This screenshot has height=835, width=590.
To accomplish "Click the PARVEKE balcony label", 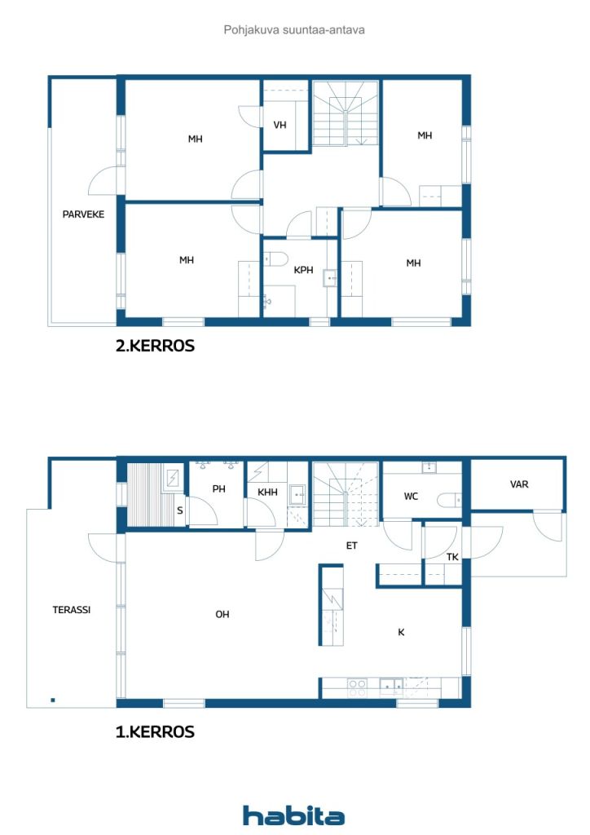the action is pos(83,214).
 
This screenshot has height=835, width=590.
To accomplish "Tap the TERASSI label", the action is pos(71,610).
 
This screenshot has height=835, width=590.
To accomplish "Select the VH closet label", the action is pos(280,125).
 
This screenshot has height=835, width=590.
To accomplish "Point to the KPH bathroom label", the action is pos(303,270).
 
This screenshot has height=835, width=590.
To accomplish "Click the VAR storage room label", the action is pos(519,484).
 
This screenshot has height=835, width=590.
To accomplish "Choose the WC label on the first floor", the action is pos(411,497).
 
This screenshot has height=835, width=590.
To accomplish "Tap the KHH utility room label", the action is pos(267,492).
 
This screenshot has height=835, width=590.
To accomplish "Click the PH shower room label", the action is pos(218,488).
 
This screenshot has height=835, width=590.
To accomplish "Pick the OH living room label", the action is pos(222,614).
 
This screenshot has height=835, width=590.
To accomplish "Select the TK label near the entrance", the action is pos(452,557).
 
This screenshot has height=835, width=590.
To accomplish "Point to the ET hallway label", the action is pos(352,546).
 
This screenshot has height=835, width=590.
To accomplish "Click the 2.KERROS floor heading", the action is pos(155,346).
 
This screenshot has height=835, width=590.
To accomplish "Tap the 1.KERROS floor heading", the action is pos(155,731).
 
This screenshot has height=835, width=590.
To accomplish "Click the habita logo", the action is pos(293,815).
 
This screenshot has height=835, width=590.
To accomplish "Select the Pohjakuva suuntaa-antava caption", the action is pos(294,30).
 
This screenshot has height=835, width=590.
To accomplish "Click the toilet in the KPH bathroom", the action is pos(275,258).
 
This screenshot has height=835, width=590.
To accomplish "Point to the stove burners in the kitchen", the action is pos(357,688).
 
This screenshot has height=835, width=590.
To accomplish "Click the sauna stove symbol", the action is pos(173,478).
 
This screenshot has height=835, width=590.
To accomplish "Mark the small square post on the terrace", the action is pos(53,700).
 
